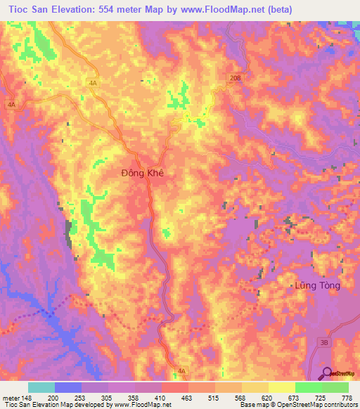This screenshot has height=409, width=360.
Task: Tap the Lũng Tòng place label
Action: [316, 285]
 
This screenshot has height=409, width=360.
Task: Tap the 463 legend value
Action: [187, 397]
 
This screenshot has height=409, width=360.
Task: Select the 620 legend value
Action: [267, 397]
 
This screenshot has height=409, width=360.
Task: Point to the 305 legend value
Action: [107, 397]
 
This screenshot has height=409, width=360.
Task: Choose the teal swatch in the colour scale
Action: [41, 387]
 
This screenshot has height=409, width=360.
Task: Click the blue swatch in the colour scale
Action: [68, 387]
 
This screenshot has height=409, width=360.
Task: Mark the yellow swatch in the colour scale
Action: [282, 387]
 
